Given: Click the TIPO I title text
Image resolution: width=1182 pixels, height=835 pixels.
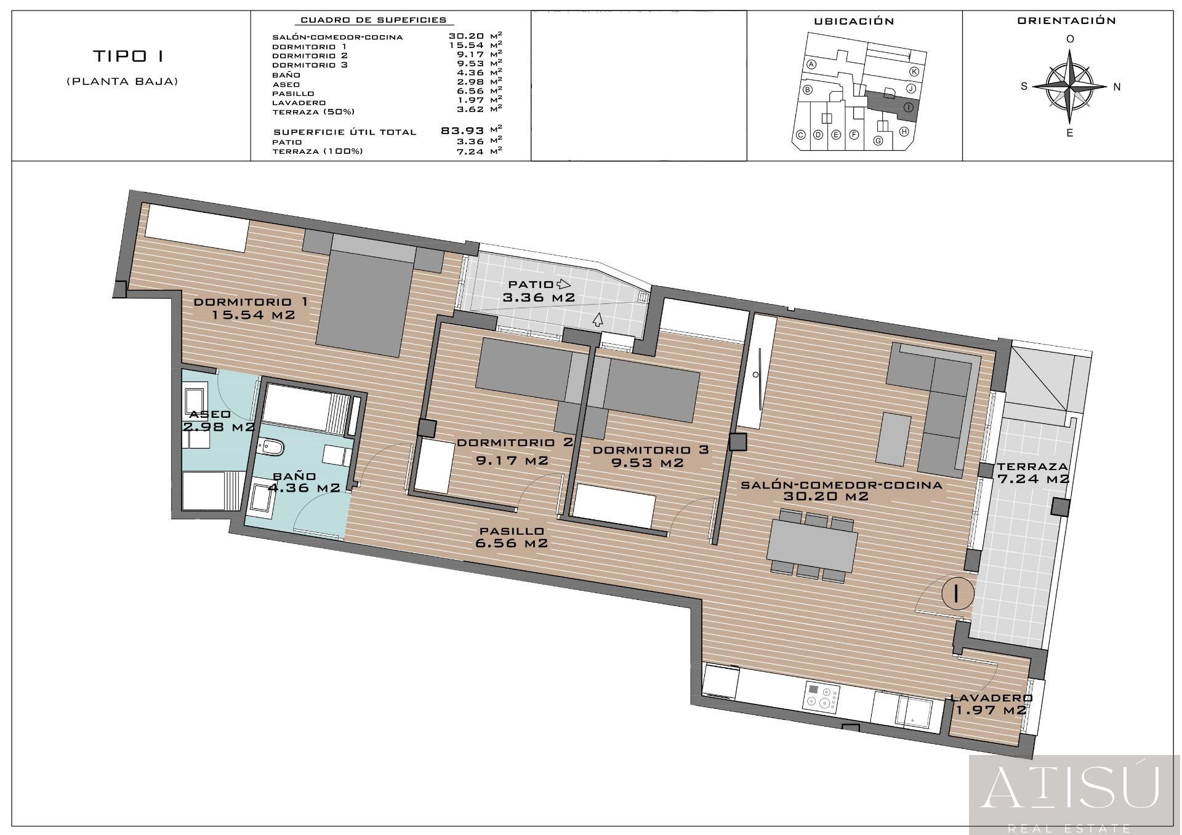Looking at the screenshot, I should [128, 56].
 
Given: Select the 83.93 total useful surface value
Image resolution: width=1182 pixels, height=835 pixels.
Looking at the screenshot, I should [462, 130].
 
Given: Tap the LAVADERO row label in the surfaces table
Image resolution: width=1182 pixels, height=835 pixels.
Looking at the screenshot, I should [299, 103].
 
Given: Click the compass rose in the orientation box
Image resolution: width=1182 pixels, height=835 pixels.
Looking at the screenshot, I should [1071, 87].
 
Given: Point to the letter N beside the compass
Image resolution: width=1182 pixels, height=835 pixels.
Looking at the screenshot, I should [1117, 87].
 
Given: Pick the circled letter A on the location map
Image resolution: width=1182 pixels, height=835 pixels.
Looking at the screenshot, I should [811, 65].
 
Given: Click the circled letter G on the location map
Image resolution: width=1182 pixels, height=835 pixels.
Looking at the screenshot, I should [878, 140].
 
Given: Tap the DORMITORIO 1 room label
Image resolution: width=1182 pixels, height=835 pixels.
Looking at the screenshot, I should [251, 309].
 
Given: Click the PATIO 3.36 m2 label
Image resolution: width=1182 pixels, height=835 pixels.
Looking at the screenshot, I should [539, 292].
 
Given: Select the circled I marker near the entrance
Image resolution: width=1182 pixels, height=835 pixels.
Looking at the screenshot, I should [957, 593].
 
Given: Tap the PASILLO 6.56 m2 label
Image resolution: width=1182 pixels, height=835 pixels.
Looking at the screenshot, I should [511, 537].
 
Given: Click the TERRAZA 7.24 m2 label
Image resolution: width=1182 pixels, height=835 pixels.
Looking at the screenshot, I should [1032, 473].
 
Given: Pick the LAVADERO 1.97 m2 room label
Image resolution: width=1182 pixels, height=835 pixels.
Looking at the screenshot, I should [990, 704].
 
